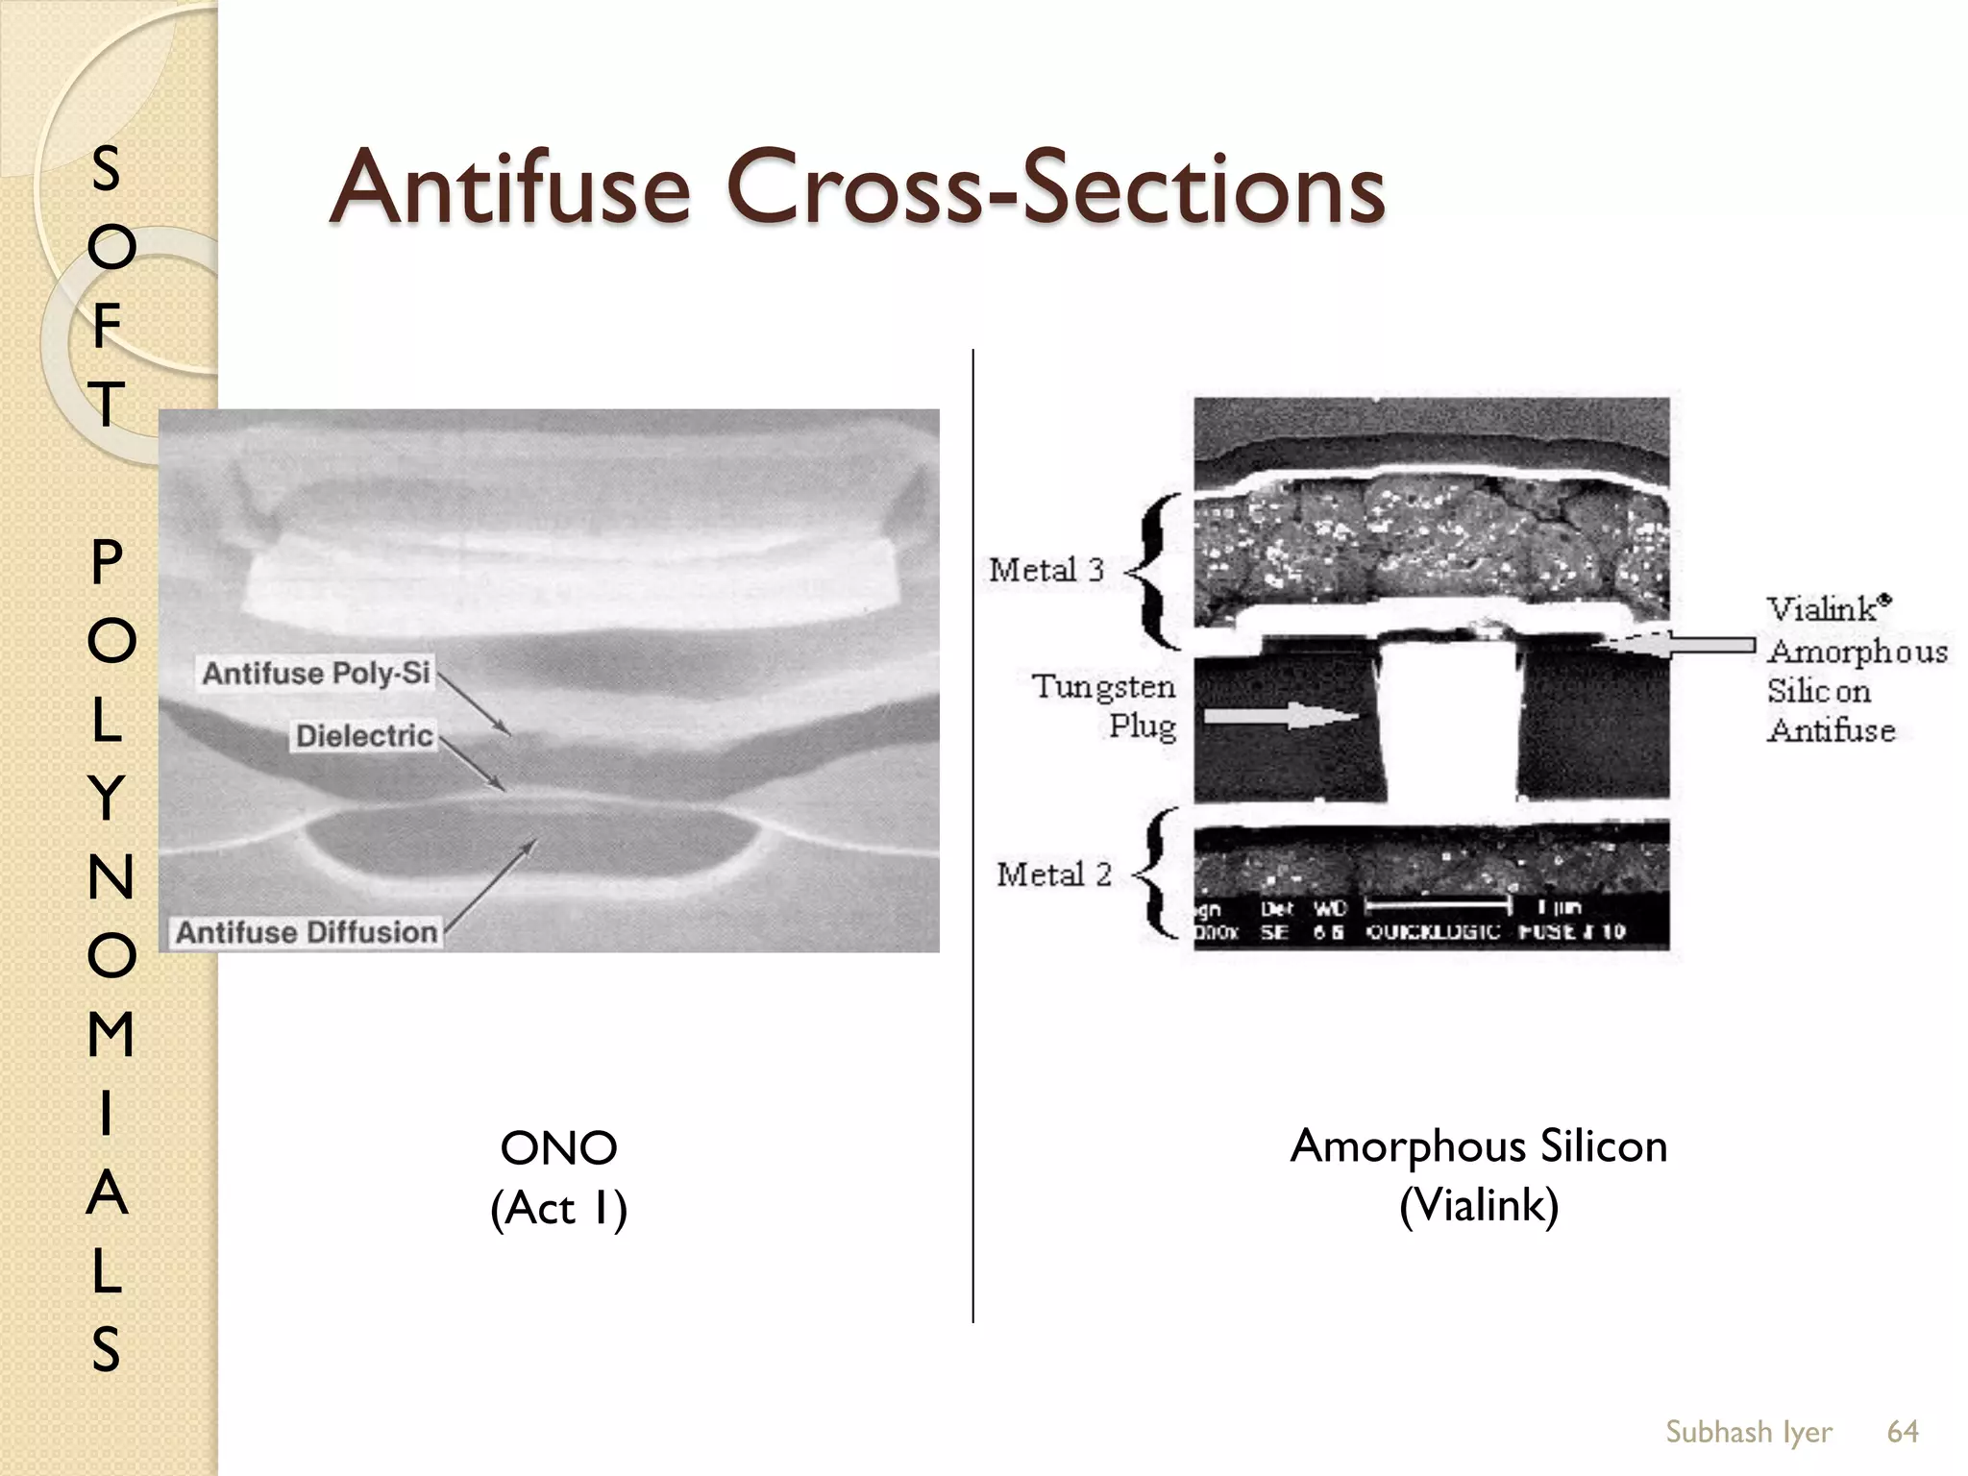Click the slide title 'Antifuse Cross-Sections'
coord(856,187)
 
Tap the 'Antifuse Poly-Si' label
coord(316,673)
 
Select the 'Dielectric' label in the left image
coord(364,736)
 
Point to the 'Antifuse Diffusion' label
coord(307,932)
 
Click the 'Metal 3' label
coord(1046,570)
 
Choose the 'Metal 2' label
coord(1053,874)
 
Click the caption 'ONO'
coord(558,1148)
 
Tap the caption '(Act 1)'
coord(558,1208)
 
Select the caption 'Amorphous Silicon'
coord(1478,1146)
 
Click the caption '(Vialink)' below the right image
coord(1478,1205)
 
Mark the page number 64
coord(1903,1432)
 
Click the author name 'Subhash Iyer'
coord(1748,1432)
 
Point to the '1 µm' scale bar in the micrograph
coord(1438,905)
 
